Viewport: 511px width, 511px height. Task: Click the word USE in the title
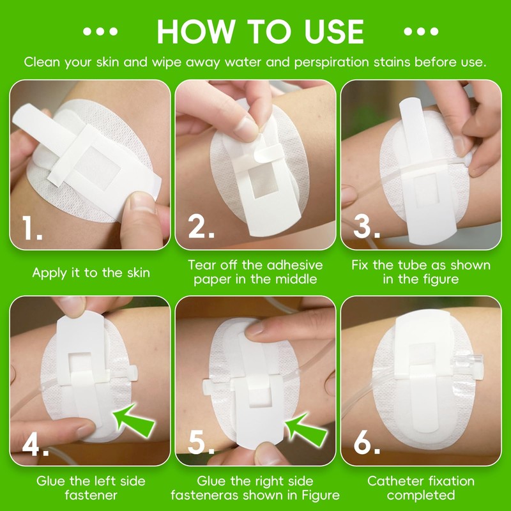coord(334,31)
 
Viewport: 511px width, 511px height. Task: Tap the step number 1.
coord(31,228)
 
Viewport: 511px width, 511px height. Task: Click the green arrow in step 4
coord(133,421)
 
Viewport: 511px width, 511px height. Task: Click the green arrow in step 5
coord(306,430)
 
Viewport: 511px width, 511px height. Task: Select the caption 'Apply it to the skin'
coord(91,273)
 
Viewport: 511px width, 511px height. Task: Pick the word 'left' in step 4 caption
coord(103,481)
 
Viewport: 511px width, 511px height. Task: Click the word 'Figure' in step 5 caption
coord(321,496)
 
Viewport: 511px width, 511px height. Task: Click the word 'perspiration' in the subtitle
coord(332,62)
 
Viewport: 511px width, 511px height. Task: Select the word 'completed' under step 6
coord(421,496)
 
